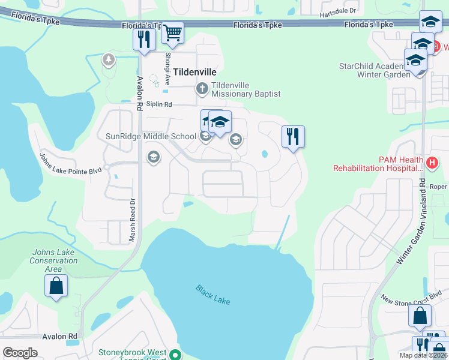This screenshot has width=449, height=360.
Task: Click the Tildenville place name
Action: (x=194, y=71)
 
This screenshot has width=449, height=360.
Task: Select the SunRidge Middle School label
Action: (x=151, y=136)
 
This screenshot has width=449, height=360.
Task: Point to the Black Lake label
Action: (x=212, y=294)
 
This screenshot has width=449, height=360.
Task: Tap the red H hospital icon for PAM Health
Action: (x=431, y=162)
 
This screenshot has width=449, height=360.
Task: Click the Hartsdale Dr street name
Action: (x=337, y=11)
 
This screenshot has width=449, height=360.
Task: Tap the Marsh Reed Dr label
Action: (x=133, y=220)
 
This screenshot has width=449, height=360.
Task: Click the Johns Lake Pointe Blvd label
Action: (x=70, y=164)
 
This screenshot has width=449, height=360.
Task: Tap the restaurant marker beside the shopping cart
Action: (x=144, y=40)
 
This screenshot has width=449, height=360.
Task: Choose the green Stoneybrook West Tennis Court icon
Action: (x=175, y=354)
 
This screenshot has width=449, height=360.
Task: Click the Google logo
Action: (x=20, y=353)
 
